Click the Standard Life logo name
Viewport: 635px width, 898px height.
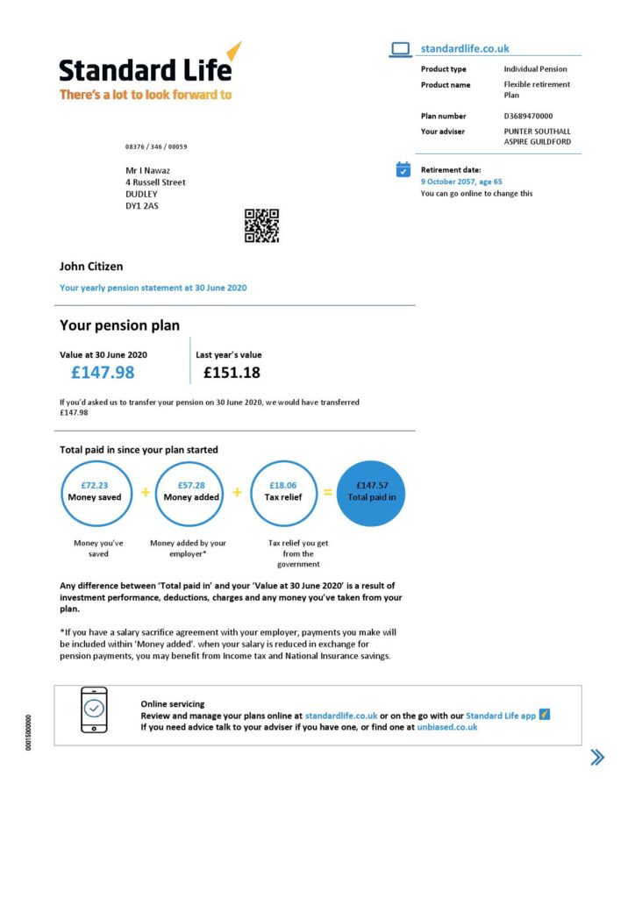[145, 69]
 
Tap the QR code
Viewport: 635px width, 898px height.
[261, 225]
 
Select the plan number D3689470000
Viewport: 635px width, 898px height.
[528, 116]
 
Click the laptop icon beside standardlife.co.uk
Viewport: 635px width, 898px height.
[400, 50]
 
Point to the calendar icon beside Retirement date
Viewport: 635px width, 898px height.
[403, 169]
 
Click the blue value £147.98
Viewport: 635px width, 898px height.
[103, 373]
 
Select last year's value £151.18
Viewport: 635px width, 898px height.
[232, 373]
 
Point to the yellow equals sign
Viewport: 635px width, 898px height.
[327, 493]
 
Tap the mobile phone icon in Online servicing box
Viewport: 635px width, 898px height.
[94, 709]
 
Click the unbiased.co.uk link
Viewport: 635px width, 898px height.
[446, 727]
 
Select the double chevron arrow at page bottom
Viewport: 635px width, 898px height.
[597, 758]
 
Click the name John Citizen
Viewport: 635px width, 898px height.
[91, 267]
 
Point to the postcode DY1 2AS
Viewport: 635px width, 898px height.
[142, 206]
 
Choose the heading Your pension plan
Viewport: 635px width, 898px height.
[119, 325]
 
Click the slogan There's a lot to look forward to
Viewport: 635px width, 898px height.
[146, 95]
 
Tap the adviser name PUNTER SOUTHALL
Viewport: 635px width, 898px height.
[537, 132]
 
